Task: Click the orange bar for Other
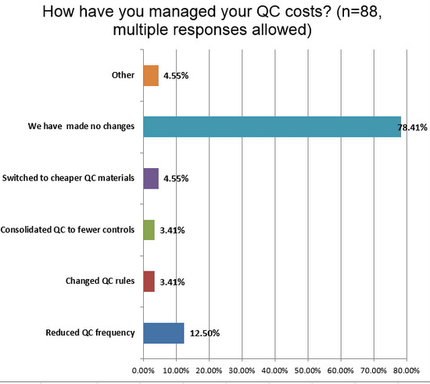pyautogui.click(x=151, y=76)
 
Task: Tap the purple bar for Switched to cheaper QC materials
pyautogui.click(x=151, y=178)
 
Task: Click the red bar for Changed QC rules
pyautogui.click(x=149, y=281)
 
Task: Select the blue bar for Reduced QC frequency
pyautogui.click(x=163, y=332)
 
